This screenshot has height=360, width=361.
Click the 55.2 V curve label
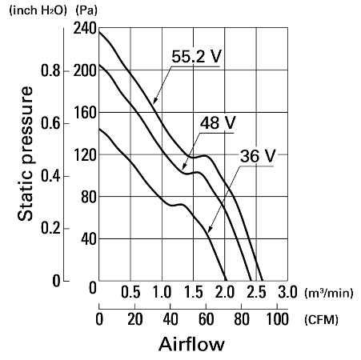point(196,56)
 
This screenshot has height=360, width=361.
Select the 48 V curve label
point(218,122)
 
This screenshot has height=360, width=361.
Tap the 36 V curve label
point(258,156)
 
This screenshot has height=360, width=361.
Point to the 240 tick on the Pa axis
point(85,28)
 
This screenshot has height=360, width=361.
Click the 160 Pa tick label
point(85,113)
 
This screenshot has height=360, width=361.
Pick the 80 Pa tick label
point(89,197)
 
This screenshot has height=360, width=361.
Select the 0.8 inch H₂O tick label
point(50,70)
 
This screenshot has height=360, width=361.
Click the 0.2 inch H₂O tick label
point(50,229)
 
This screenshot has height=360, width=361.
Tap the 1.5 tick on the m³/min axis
point(194,292)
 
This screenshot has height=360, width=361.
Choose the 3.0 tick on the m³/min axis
point(287,292)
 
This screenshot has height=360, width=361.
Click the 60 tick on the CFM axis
point(206,319)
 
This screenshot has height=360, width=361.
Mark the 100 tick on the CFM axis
point(277,319)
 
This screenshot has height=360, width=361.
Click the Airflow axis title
point(191,344)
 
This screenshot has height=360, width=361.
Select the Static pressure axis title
point(26,154)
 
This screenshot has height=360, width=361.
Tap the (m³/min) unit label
point(329,293)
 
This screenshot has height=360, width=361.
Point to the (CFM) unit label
point(321,319)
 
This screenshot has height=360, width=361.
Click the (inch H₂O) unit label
point(38,10)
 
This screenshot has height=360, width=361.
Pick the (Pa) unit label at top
point(86,10)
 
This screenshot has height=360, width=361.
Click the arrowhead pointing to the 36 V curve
point(210,230)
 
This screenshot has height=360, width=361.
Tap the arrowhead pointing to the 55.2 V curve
point(155,100)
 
